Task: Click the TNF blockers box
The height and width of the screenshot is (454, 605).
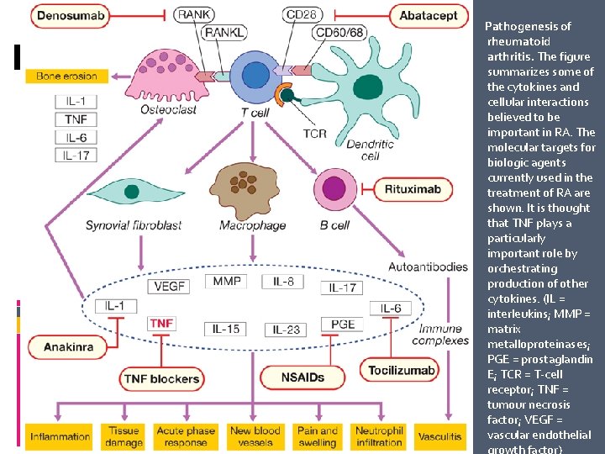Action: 161,378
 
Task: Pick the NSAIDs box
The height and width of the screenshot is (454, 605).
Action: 302,377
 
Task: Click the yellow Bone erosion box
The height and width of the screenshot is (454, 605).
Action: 66,77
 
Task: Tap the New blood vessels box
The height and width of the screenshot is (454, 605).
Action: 255,436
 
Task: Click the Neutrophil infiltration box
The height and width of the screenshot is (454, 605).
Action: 379,436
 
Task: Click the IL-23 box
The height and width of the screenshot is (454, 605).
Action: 287,329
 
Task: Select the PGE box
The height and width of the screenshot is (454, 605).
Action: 342,325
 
